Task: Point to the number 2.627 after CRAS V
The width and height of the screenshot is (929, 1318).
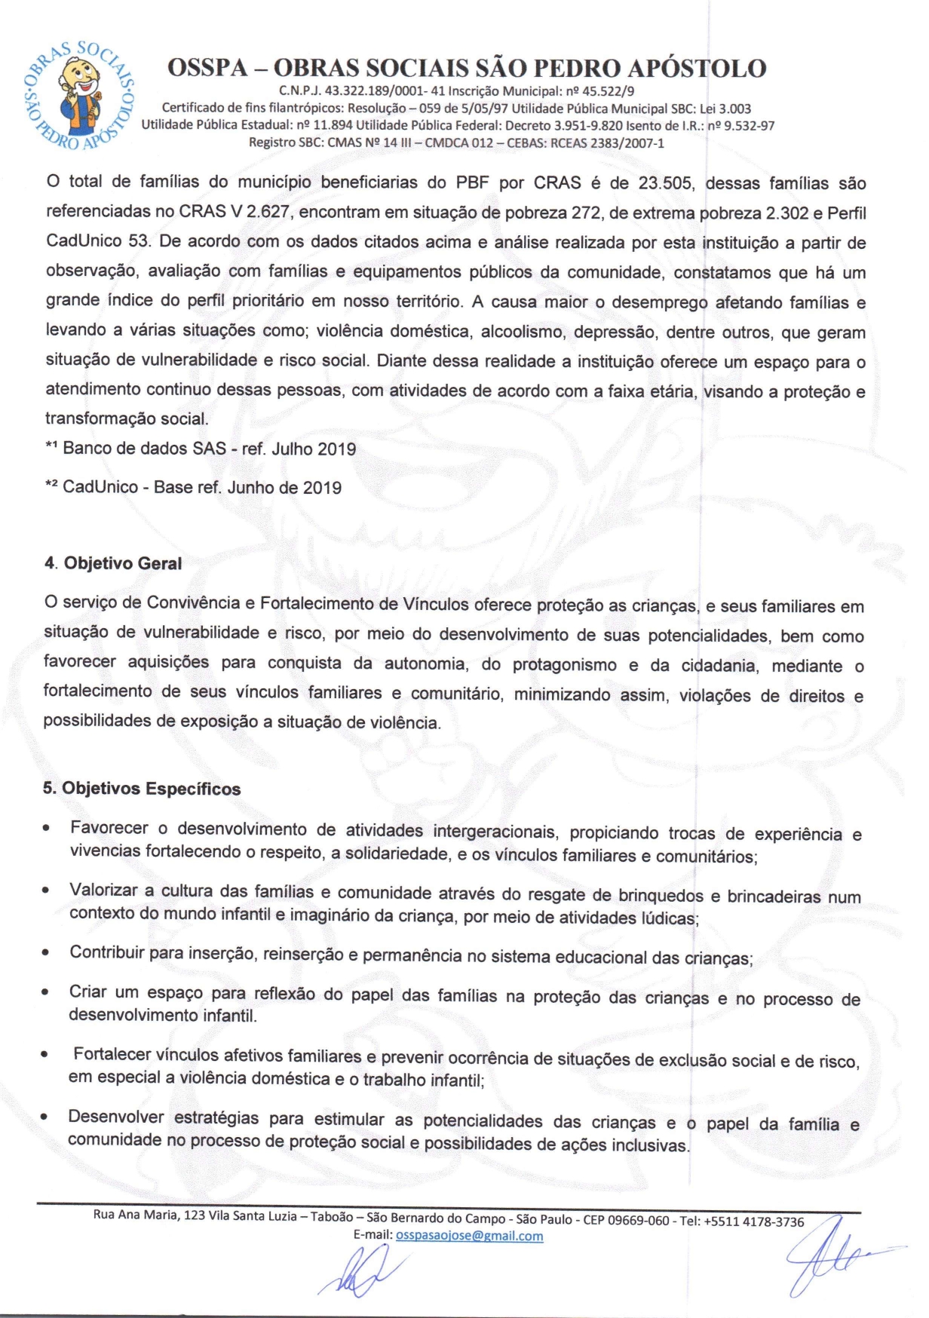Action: point(268,213)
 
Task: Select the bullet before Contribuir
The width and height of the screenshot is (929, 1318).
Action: point(47,953)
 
